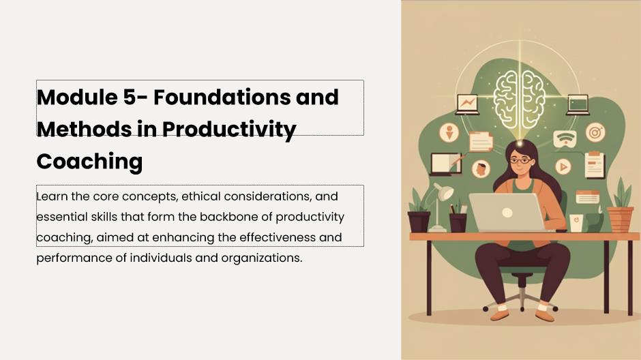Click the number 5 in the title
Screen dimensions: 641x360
[x=130, y=97]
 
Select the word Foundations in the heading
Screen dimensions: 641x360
[x=222, y=97]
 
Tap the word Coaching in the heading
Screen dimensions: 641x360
[x=89, y=162]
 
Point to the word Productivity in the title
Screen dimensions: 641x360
[x=229, y=129]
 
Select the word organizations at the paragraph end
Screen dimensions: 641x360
[x=262, y=258]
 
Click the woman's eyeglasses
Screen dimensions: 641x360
[x=520, y=161]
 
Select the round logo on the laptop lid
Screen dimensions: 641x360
[x=507, y=213]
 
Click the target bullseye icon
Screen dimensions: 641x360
[x=595, y=132]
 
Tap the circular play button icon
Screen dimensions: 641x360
[x=563, y=167]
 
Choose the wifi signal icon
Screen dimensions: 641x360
[x=565, y=139]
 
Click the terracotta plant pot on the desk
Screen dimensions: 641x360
[x=620, y=219]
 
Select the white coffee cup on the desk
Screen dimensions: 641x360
[x=576, y=223]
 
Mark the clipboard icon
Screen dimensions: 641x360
[x=595, y=165]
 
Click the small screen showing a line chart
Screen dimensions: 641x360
[x=467, y=104]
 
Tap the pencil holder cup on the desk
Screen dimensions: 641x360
[x=458, y=222]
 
